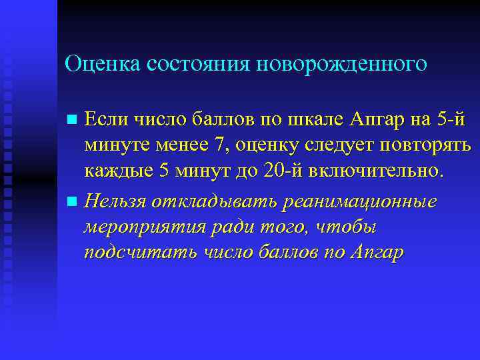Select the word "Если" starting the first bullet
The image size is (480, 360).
pos(106,120)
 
